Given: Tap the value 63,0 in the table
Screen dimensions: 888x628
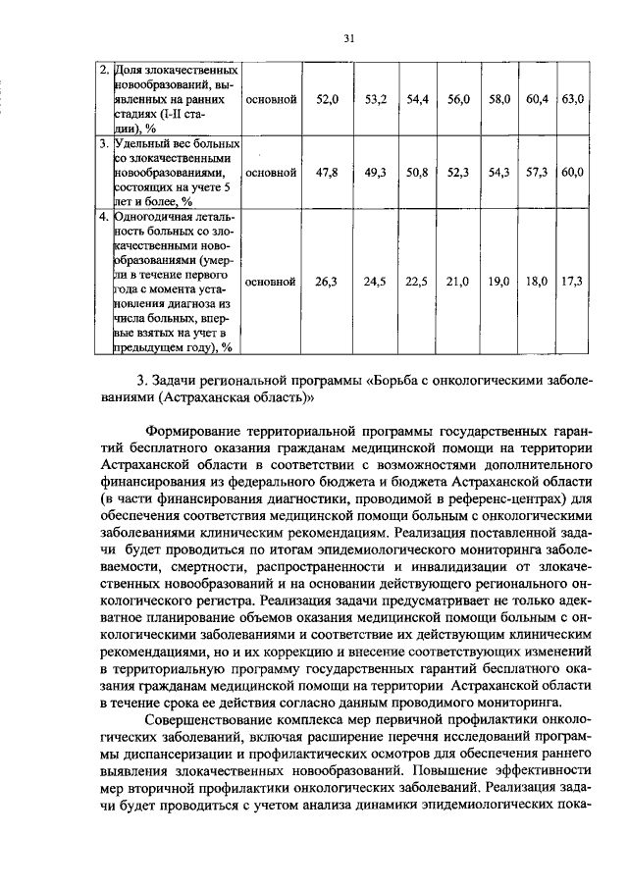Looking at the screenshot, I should point(573,100).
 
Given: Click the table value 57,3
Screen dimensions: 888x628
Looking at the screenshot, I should point(536,172).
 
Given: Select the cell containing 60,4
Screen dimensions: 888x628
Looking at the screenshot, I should point(536,100).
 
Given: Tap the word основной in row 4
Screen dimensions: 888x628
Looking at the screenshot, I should point(271,282).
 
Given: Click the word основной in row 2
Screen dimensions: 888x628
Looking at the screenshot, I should point(271,100).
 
